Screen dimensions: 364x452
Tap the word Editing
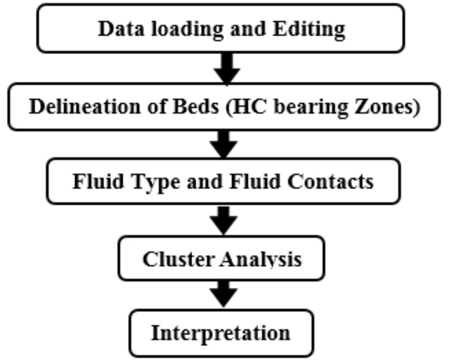coord(309,29)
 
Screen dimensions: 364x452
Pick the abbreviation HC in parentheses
coord(245,107)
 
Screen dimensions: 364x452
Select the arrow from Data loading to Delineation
coord(227,68)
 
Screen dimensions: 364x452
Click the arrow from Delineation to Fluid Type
coord(224,144)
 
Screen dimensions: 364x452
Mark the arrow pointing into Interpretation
coord(223,294)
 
